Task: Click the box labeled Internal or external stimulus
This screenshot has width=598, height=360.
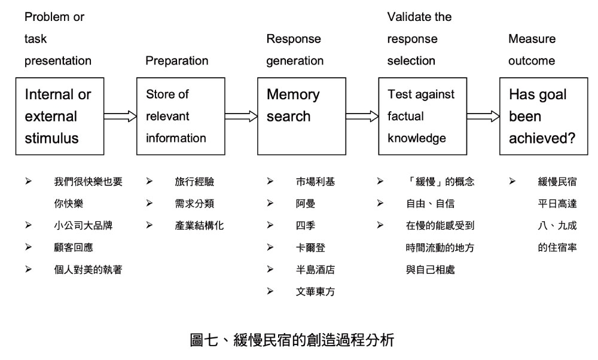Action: point(60,116)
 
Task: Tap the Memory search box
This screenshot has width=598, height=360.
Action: point(301,116)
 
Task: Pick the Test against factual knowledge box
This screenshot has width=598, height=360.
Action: point(422,116)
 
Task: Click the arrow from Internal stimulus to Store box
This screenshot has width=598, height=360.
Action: point(120,116)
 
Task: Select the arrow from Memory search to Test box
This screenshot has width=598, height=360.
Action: point(362,116)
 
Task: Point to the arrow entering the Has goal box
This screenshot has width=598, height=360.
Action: point(484,116)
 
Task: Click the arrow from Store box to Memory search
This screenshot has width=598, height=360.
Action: point(241,116)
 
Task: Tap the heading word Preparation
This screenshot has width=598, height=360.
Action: point(177,61)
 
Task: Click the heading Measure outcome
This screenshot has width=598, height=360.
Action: point(532,50)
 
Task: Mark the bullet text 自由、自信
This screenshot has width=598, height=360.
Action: point(429,204)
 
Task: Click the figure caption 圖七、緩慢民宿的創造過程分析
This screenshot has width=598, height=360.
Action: point(292,341)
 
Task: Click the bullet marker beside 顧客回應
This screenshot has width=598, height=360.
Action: point(28,248)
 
